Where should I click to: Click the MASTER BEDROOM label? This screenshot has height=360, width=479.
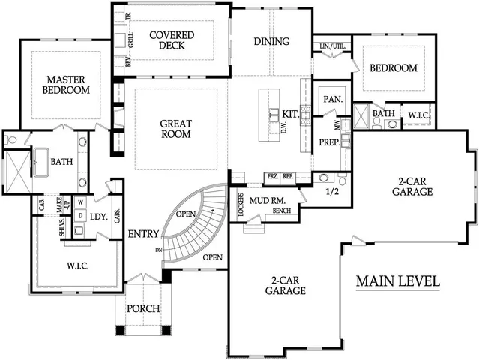tap(68, 84)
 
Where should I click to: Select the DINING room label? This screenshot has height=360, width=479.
tap(271, 41)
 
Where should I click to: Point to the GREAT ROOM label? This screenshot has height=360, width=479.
tap(175, 129)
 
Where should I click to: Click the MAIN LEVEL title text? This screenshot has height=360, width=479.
tap(397, 282)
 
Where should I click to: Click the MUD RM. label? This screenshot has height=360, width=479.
tap(269, 200)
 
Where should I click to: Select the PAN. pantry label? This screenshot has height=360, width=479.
tap(332, 99)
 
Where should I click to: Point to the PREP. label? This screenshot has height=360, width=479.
tap(329, 143)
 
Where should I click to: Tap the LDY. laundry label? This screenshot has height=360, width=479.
tap(99, 217)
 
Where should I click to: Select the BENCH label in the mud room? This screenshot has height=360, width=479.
tap(283, 211)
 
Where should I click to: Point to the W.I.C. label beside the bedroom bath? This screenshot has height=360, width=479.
tap(418, 115)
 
